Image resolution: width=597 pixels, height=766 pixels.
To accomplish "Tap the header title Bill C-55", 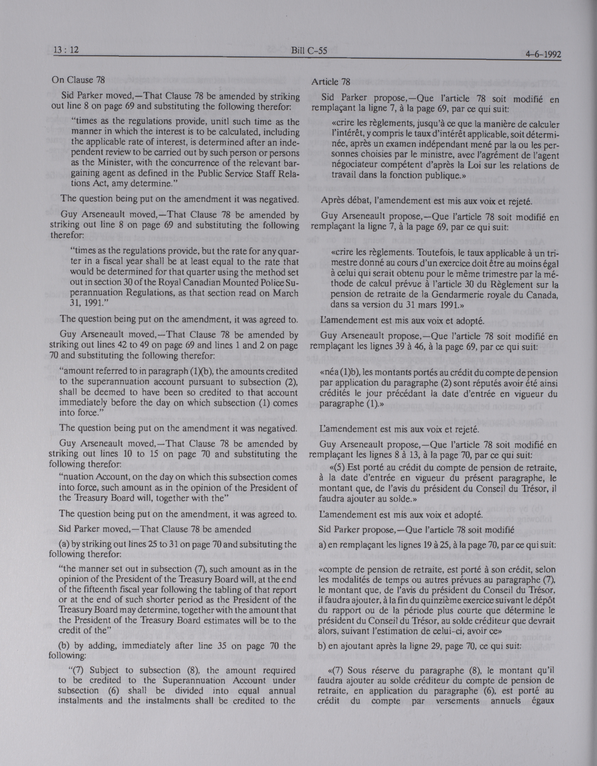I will point(309,51).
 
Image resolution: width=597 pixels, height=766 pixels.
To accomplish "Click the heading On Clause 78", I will point(78,80).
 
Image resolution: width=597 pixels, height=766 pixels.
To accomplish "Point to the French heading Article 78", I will point(330,82).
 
